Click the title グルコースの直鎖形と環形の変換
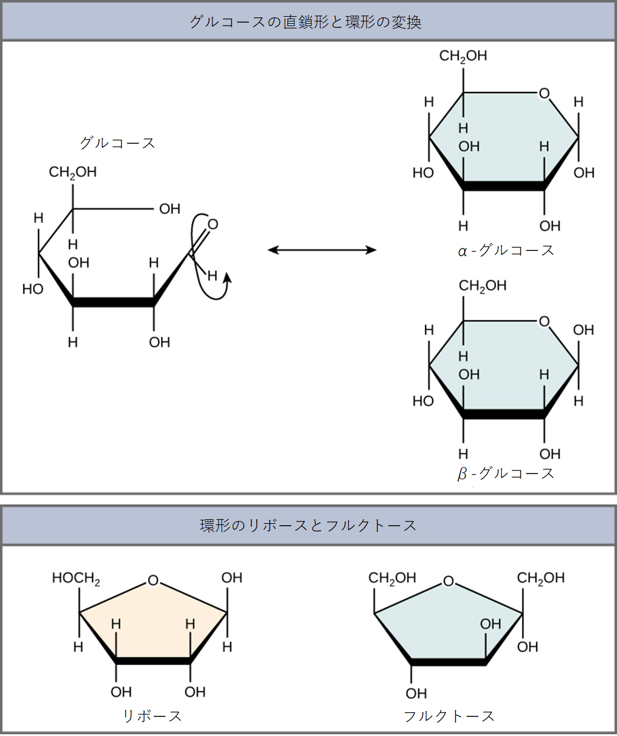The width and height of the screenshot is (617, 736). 305,22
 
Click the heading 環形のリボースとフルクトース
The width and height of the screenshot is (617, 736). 308,526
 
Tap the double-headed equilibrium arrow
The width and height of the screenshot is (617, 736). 322,250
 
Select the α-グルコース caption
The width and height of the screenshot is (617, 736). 506,250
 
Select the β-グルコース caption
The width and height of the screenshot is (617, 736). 506,473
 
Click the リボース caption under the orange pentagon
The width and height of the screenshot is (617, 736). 152,716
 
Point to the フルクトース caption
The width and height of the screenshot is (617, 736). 449,716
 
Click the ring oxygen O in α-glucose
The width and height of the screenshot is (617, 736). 544,93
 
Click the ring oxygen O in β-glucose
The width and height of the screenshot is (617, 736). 544,321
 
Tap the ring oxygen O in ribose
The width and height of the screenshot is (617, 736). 154,581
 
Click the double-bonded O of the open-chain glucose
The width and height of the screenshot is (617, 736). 213,224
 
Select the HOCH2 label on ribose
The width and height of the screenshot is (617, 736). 76,578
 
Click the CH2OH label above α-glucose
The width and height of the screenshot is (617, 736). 463,56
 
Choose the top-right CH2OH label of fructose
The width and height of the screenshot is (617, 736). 541,578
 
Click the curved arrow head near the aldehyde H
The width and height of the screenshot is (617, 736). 228,278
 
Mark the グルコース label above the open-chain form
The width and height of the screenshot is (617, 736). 118,143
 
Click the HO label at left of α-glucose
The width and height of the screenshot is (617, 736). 423,173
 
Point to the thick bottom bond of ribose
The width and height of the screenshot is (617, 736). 154,661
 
